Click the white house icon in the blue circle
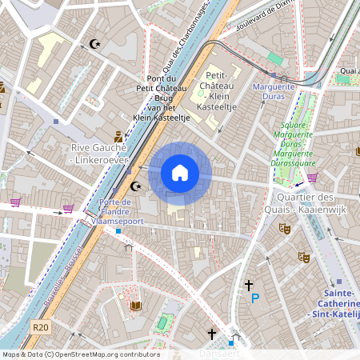coord(180,173)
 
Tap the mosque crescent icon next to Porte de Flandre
coord(136,186)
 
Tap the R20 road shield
coord(41,327)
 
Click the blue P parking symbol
coord(255,298)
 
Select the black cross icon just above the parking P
coord(249,284)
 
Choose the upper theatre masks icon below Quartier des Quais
coord(284,228)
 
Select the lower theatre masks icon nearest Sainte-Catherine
coord(303,257)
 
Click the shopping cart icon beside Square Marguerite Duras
coord(312,177)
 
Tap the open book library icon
coord(135,306)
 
